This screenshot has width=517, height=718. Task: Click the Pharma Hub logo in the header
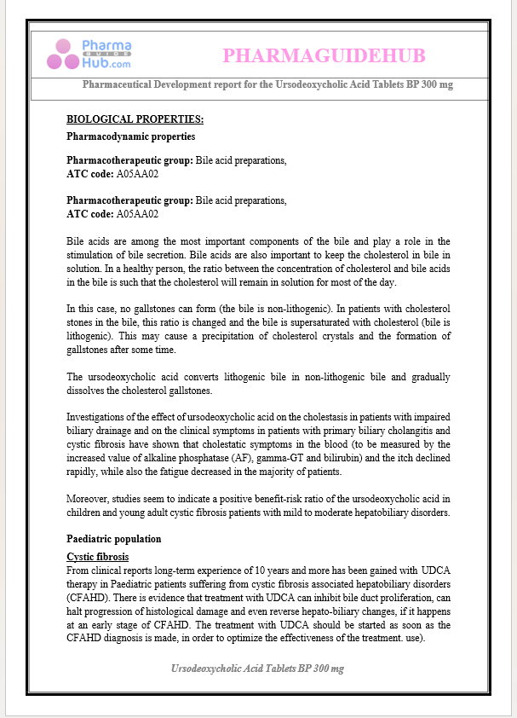pyautogui.click(x=89, y=54)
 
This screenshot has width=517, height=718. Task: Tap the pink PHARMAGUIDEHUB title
pyautogui.click(x=324, y=56)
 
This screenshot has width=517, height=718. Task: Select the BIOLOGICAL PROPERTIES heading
pyautogui.click(x=135, y=119)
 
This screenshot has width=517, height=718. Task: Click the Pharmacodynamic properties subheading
pyautogui.click(x=130, y=136)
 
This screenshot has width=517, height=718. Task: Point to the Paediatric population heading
pyautogui.click(x=113, y=539)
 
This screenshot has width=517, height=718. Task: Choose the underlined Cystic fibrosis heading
pyautogui.click(x=97, y=557)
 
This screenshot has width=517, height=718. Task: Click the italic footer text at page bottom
pyautogui.click(x=258, y=669)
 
